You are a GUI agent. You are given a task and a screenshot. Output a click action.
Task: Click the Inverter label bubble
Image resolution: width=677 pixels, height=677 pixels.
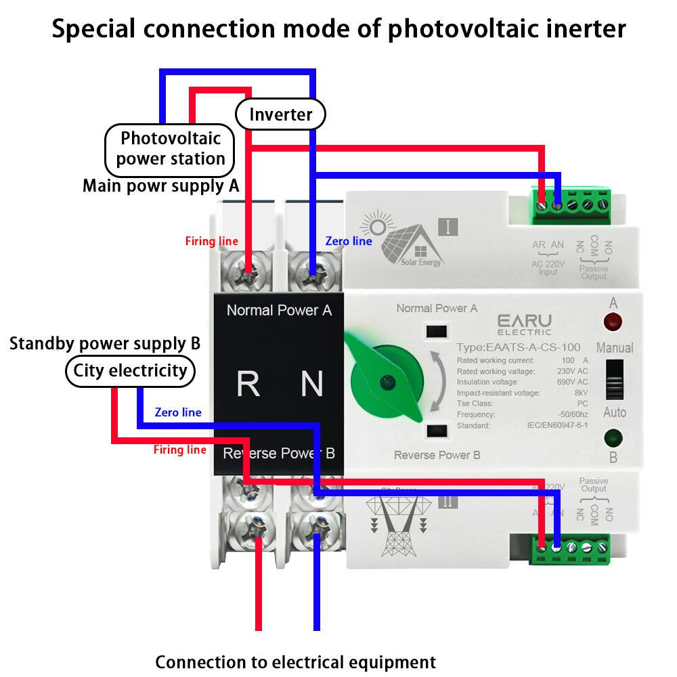[x=280, y=114]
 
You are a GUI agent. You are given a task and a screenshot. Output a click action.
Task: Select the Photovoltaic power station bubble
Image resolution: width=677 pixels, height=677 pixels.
[x=170, y=149]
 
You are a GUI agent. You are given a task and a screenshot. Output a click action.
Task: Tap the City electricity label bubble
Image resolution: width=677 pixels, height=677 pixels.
[x=130, y=371]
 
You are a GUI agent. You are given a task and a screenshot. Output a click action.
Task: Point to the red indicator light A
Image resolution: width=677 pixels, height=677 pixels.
[x=613, y=321]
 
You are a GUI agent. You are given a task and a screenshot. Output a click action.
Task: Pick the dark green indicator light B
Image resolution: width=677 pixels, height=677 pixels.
[x=613, y=437]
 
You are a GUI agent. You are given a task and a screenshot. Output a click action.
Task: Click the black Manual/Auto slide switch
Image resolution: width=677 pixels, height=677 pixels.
[x=614, y=380]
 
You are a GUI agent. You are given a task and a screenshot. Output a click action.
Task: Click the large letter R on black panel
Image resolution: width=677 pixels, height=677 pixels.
[x=248, y=384]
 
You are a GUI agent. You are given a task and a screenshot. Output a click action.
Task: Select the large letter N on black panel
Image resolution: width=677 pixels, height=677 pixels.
[x=311, y=384]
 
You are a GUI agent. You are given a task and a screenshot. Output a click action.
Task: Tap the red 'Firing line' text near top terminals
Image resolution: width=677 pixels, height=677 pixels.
[x=211, y=241]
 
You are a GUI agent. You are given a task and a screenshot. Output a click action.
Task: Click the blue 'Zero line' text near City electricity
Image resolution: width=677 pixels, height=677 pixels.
[x=178, y=412]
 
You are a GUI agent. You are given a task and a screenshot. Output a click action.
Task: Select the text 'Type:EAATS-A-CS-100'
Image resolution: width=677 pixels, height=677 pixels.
[x=518, y=347]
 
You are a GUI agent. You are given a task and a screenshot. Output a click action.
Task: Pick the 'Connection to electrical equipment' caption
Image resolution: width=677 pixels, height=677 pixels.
[x=295, y=661]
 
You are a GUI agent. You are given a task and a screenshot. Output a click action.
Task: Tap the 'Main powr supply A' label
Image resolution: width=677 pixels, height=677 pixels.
[x=160, y=185]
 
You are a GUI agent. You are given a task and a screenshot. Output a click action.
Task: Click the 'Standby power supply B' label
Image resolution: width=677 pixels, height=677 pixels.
[x=105, y=343]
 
